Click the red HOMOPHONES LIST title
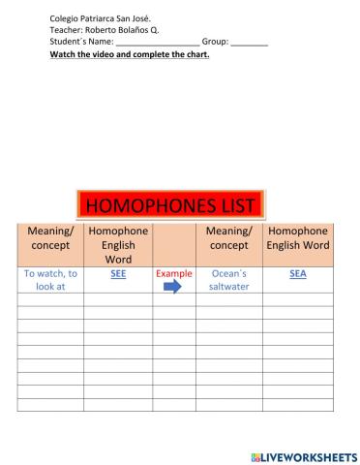coord(169,203)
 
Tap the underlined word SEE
coord(118,274)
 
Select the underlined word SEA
coord(298,274)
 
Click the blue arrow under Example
coord(173,287)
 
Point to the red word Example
coord(174,274)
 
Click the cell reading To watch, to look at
coord(50,280)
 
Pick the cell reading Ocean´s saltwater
coord(229,280)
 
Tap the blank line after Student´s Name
coord(157,44)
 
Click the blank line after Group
coord(250,44)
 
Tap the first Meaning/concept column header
coord(50,238)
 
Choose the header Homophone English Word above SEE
coord(118,245)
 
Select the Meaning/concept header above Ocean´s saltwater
coord(229,238)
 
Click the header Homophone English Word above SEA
coord(298,238)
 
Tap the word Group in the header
coord(215,43)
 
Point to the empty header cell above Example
coord(174,244)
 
